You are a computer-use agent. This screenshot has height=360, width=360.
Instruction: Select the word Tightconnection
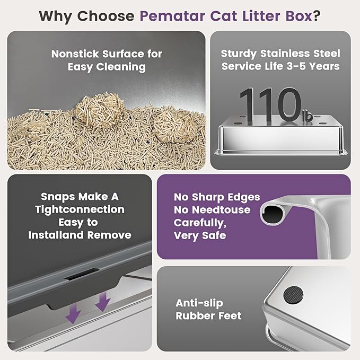pos(80,209)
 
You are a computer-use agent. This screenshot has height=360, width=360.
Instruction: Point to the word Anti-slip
pos(199,303)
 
